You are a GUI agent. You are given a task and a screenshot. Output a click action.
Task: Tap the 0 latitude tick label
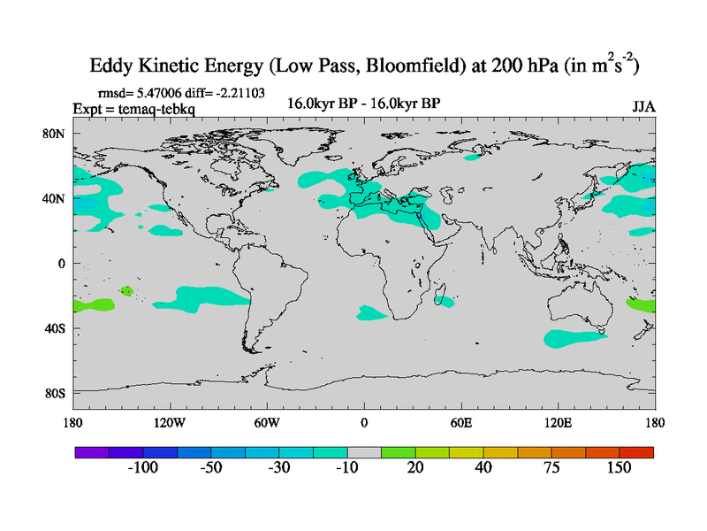(62, 263)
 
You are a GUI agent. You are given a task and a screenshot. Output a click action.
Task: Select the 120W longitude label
(169, 422)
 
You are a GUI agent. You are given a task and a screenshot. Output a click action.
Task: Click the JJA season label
(643, 106)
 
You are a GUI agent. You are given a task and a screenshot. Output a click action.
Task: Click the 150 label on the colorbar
(618, 467)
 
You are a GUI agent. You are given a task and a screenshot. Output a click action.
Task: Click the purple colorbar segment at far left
(91, 451)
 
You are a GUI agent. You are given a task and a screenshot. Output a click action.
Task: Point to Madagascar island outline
(443, 299)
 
